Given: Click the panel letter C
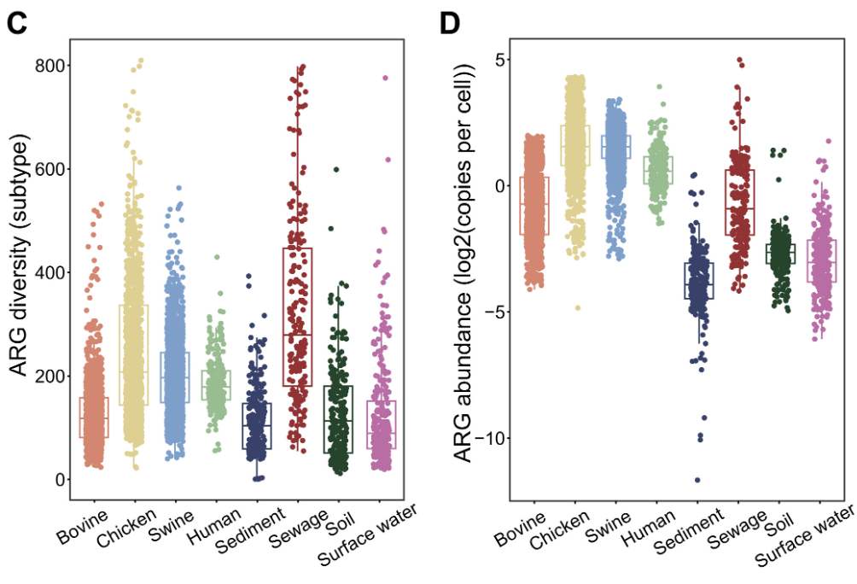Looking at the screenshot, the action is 17,23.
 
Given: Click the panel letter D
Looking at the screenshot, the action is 449,23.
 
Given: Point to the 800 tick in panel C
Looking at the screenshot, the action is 52,66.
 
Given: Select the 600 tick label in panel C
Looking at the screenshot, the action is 52,169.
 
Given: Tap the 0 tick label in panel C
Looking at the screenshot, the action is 61,480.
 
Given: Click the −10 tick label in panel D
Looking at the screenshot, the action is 489,438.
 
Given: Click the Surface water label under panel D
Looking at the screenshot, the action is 804,536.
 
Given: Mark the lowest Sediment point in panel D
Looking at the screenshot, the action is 697,480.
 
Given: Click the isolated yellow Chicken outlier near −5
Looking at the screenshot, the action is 578,308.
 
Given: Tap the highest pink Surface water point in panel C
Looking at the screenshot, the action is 385,79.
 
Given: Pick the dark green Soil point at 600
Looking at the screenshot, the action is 336,170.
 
